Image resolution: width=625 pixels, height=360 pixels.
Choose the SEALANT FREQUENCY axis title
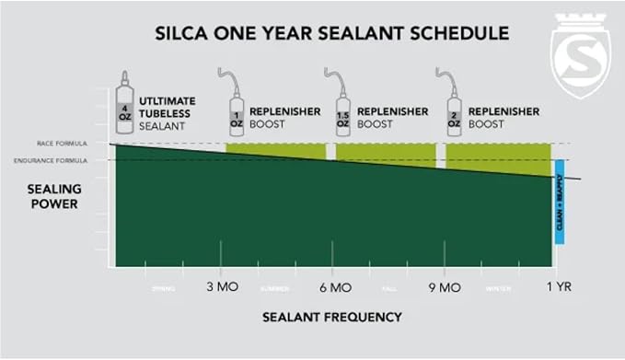pyautogui.click(x=331, y=317)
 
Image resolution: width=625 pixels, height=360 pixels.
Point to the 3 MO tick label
pyautogui.click(x=222, y=287)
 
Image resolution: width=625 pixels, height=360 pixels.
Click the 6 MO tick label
pyautogui.click(x=333, y=287)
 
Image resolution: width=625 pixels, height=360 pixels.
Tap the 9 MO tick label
pyautogui.click(x=445, y=287)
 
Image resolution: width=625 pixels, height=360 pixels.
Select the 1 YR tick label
pyautogui.click(x=557, y=287)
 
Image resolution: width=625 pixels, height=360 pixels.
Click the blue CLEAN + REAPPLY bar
pyautogui.click(x=558, y=210)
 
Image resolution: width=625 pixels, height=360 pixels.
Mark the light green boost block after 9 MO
pyautogui.click(x=497, y=157)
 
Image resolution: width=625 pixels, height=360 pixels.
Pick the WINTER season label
pyautogui.click(x=499, y=288)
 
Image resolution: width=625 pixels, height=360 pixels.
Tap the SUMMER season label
pyautogui.click(x=274, y=288)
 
